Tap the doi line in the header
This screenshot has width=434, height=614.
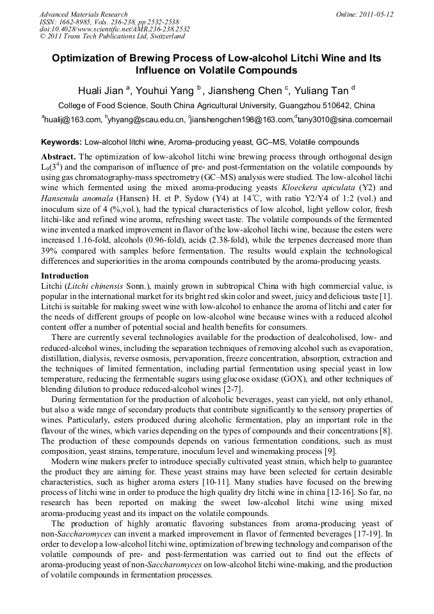(x=115, y=29)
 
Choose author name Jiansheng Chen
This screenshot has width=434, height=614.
(x=246, y=90)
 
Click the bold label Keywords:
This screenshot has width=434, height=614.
(x=61, y=141)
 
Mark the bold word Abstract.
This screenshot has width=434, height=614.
(x=58, y=157)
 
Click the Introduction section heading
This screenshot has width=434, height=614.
(x=65, y=276)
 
